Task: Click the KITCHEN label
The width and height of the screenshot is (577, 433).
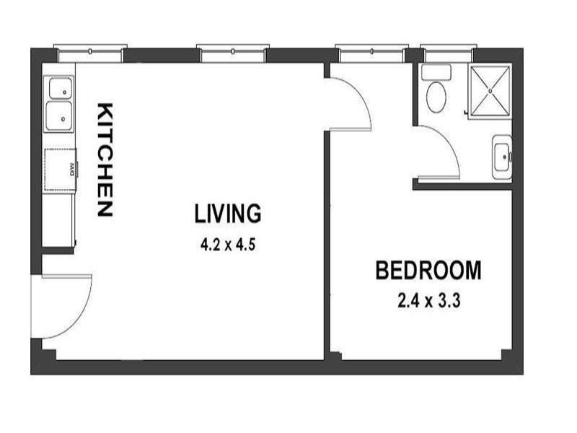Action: point(105,160)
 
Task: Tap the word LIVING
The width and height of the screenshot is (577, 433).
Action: point(227,214)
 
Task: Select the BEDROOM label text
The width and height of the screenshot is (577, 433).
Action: point(428,271)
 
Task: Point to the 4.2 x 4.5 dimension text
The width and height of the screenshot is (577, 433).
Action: point(229,244)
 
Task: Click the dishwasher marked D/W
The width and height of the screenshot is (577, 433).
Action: point(61,170)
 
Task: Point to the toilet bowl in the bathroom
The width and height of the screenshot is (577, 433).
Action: point(436,97)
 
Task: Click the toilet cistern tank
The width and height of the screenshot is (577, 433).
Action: point(436,72)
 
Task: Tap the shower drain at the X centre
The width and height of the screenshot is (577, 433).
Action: point(490,91)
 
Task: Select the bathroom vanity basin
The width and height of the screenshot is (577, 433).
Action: point(502,157)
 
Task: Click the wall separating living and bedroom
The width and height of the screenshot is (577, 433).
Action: point(327,245)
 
